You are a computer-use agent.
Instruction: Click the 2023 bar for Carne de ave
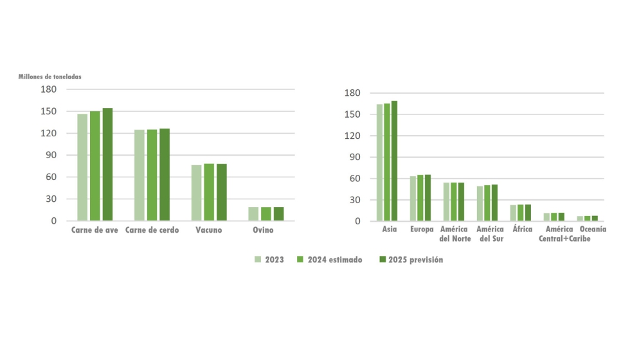pos(82,167)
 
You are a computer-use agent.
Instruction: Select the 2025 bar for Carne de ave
pos(107,165)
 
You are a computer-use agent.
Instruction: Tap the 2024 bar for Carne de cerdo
pos(152,175)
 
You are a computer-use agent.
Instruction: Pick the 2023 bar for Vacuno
pos(196,193)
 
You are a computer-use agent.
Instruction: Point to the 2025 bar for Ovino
pos(278,213)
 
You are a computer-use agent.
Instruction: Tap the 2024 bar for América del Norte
pos(454,202)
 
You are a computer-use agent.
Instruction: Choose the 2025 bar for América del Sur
pos(494,203)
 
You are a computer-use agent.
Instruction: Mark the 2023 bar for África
pos(514,213)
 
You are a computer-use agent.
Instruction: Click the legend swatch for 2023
pos(257,260)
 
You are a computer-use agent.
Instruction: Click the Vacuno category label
pos(209,230)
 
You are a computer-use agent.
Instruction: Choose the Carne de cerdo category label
pos(152,230)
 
